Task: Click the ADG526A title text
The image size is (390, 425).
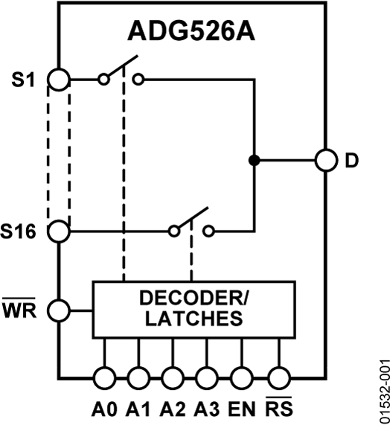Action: point(190,35)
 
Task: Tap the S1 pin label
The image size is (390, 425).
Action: point(23,77)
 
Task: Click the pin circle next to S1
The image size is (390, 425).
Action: point(58,77)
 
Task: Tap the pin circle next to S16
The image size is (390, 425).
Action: point(58,231)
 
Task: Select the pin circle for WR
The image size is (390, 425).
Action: point(58,307)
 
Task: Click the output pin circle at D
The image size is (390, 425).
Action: point(325,160)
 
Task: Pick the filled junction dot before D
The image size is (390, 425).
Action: point(254,160)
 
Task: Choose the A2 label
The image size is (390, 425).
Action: point(173,408)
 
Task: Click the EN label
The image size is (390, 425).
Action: point(243,408)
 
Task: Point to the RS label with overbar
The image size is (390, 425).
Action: point(277,408)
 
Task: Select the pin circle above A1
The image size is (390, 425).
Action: point(138,375)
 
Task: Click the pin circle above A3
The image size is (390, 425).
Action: point(208,375)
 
